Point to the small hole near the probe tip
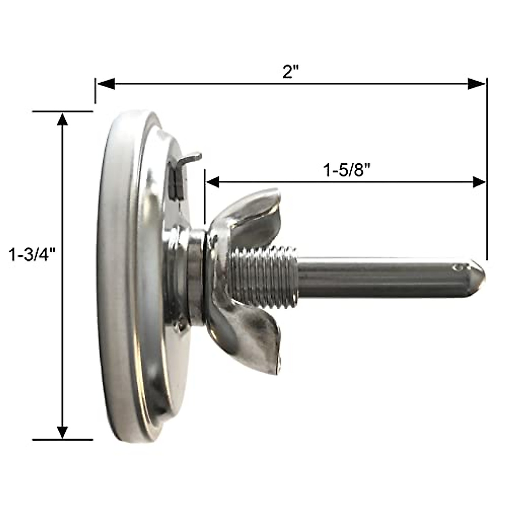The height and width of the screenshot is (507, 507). pyautogui.click(x=457, y=267)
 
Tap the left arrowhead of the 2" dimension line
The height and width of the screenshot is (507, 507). pyautogui.click(x=106, y=84)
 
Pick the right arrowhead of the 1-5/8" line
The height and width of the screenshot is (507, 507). pyautogui.click(x=479, y=182)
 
